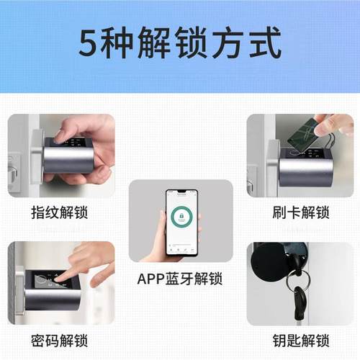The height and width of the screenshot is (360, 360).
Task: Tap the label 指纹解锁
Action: (x=60, y=212)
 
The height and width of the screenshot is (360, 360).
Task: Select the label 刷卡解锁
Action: (x=300, y=212)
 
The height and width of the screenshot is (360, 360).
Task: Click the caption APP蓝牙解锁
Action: (x=180, y=279)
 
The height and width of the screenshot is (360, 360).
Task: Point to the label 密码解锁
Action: (x=60, y=339)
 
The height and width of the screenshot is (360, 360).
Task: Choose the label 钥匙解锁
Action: (x=300, y=339)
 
